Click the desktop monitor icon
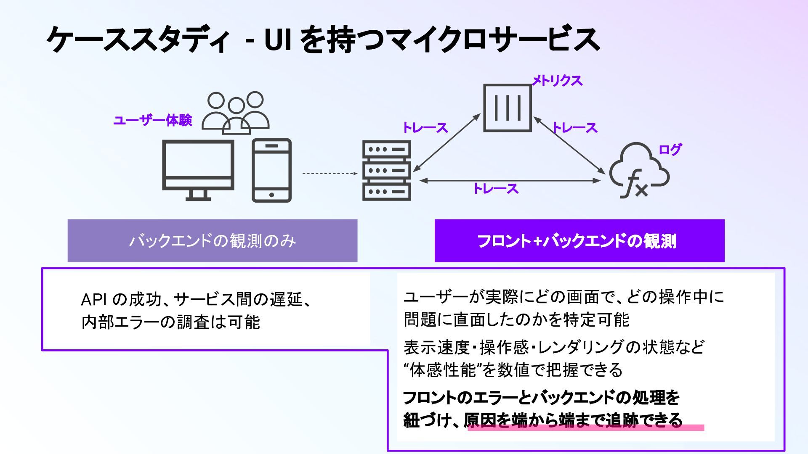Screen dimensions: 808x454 (x=198, y=170)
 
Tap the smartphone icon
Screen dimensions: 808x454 (x=271, y=170)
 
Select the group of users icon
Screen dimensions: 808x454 (x=236, y=113)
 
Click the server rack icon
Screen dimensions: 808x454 (x=387, y=170)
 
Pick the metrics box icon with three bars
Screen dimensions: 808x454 (x=508, y=108)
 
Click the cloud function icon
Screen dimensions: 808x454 (x=639, y=170)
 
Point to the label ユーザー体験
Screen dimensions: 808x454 (x=153, y=121)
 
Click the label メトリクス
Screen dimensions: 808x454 (x=557, y=80)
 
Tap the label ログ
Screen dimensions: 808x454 (x=670, y=149)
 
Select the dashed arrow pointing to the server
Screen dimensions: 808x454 (x=330, y=173)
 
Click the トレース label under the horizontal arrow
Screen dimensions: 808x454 (x=496, y=189)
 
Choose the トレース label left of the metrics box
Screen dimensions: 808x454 (x=425, y=128)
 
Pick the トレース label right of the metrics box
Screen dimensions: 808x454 (x=575, y=128)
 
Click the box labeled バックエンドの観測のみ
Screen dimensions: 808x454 (x=213, y=241)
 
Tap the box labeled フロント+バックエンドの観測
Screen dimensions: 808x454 (x=579, y=241)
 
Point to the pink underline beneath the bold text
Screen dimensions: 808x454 (x=585, y=428)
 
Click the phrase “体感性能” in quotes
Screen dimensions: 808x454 (x=440, y=370)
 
